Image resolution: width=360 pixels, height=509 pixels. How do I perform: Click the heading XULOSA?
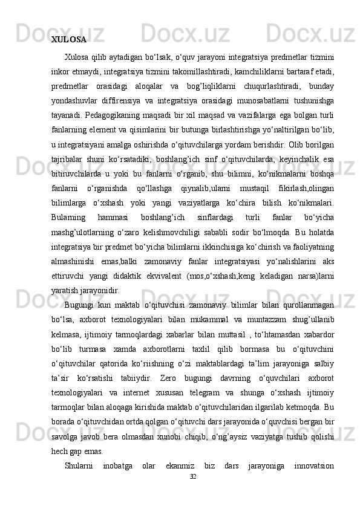pyautogui.click(x=68, y=41)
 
